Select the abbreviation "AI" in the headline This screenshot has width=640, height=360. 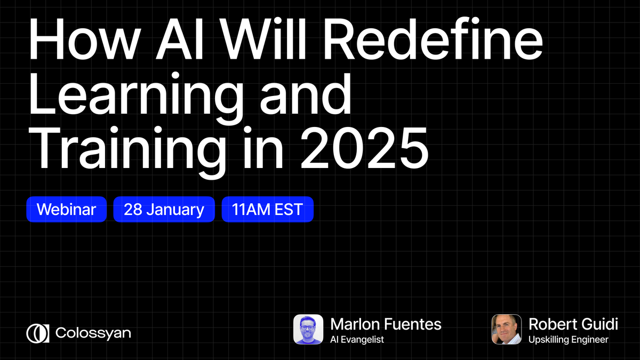tap(174, 41)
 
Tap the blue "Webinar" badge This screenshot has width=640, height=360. tap(66, 209)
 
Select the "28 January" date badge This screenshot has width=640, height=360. tap(164, 209)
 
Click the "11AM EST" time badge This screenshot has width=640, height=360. tap(267, 209)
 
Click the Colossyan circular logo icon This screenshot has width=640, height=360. tap(38, 333)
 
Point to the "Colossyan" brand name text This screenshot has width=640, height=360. tap(93, 333)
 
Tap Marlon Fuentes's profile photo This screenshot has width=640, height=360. tap(308, 329)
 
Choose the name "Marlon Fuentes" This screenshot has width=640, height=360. tap(386, 323)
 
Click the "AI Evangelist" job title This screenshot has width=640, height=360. tap(357, 339)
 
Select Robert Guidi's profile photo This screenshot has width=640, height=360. tap(506, 329)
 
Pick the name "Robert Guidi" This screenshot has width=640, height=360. tap(573, 323)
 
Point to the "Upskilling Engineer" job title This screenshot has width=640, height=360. tap(568, 339)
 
